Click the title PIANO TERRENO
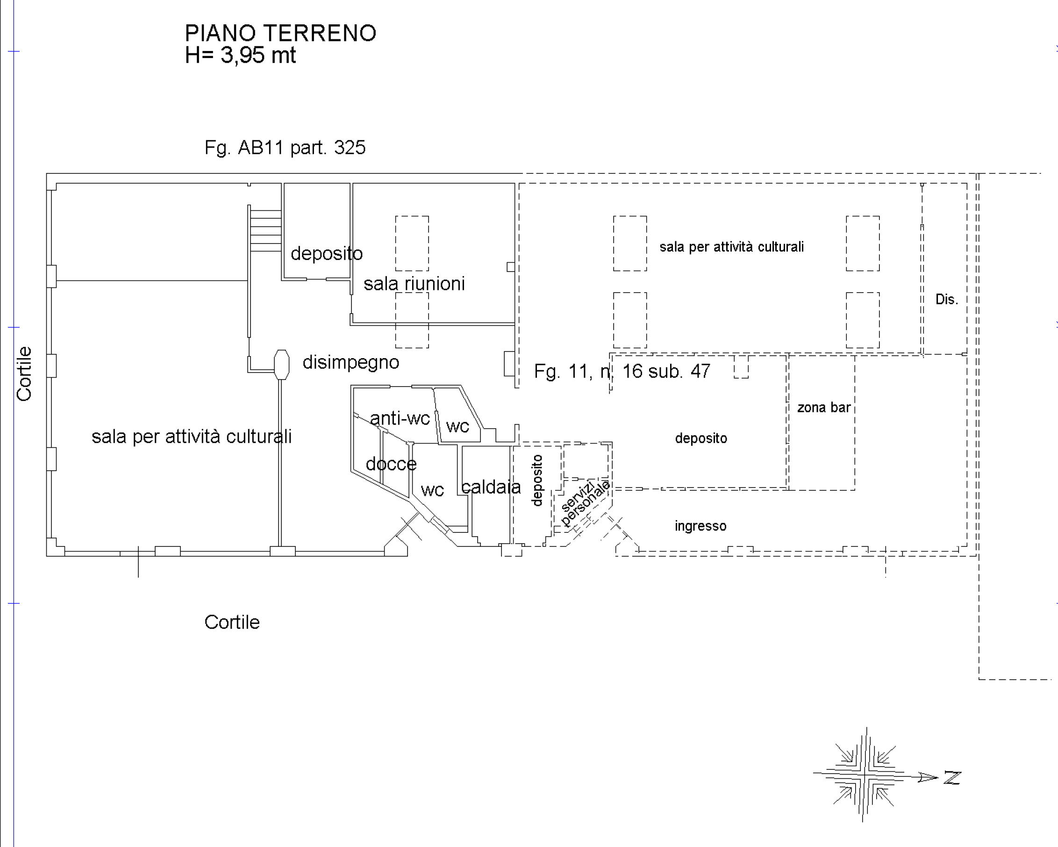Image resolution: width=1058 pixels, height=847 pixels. point(281,33)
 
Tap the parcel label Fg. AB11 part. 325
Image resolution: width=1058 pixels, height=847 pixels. point(285,148)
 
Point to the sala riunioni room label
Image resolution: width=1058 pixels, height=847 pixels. point(414,284)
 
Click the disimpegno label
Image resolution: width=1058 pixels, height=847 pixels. point(351,363)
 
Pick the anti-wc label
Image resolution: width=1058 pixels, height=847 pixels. point(400,418)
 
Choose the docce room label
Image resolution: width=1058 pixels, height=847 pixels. point(391,464)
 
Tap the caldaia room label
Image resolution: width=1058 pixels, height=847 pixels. point(491,487)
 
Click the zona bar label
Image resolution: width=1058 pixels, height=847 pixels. point(824,408)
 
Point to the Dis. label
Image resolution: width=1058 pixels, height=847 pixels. point(947,299)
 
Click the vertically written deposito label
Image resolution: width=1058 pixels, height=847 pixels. point(537,481)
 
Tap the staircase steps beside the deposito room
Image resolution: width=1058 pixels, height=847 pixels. point(265,230)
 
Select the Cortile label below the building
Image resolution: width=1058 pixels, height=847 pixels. point(232,622)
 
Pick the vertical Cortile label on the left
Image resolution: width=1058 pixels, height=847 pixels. point(24,374)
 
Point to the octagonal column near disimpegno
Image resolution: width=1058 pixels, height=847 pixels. point(282,365)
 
